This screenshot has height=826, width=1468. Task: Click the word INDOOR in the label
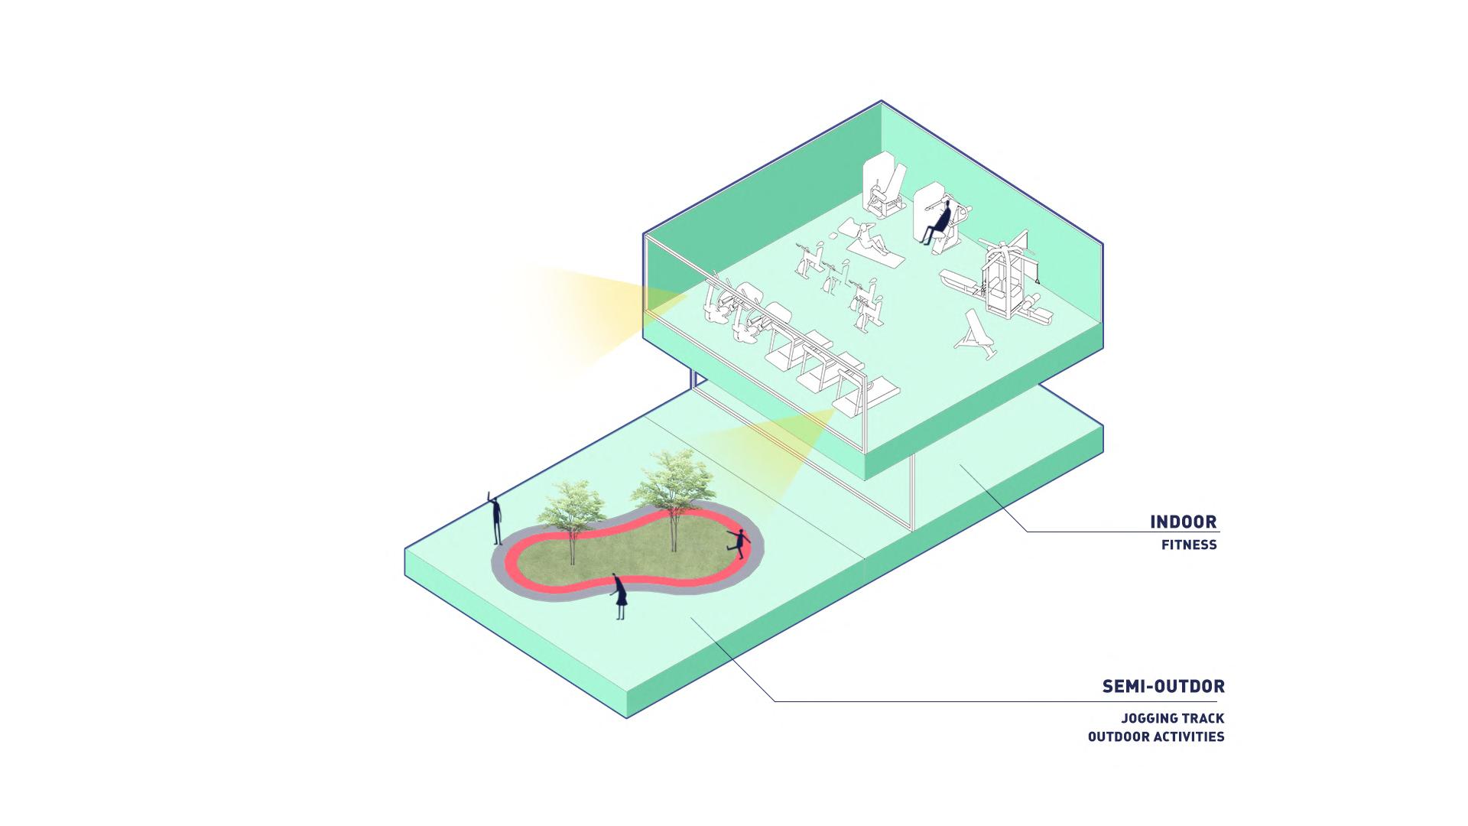(1183, 522)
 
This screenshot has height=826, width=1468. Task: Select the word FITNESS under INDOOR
(1189, 545)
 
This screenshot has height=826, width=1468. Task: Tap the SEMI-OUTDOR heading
(1163, 687)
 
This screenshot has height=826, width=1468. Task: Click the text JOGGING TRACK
(1172, 719)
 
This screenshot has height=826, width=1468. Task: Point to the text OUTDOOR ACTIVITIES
(1156, 737)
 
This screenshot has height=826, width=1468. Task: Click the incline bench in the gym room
(976, 335)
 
